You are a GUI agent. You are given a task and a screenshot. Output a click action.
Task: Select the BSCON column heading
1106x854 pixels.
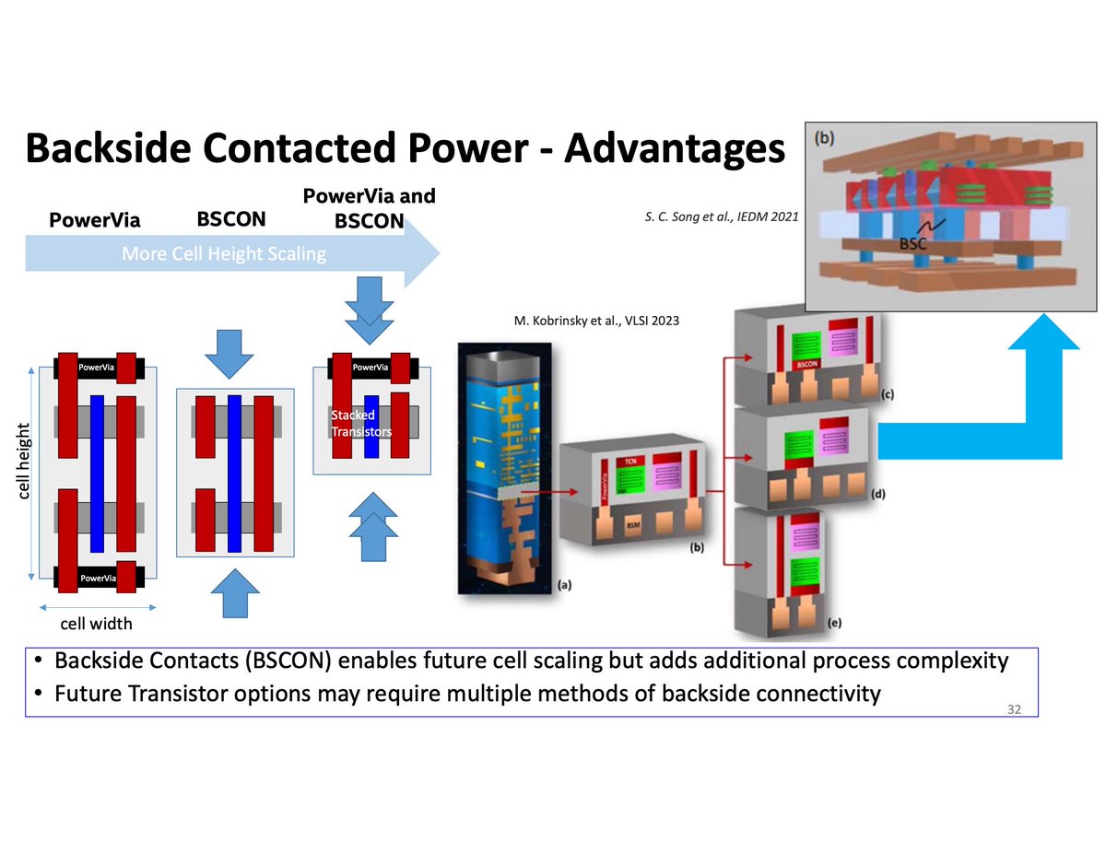pos(231,220)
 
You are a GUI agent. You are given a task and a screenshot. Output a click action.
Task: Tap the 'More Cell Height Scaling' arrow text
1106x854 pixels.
pos(224,253)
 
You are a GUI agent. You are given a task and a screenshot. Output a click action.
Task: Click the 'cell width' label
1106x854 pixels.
pos(97,624)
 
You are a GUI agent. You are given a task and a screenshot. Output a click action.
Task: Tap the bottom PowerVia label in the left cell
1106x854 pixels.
pos(97,578)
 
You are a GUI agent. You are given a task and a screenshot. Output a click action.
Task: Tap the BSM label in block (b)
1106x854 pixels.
pos(633,522)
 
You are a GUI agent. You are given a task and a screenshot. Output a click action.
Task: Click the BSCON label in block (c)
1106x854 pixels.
pos(807,364)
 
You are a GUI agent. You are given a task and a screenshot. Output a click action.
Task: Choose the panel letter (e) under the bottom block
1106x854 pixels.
pos(834,624)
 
